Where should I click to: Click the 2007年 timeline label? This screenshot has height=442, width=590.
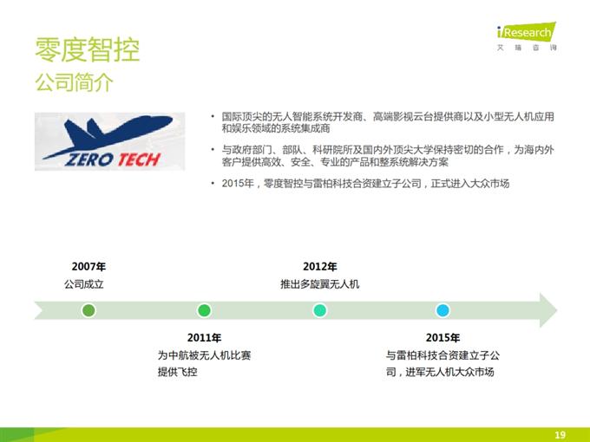tap(88, 267)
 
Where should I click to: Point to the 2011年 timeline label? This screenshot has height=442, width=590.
tap(204, 338)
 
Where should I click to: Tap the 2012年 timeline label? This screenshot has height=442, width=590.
tap(319, 267)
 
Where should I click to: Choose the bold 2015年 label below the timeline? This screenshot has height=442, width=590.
tap(442, 338)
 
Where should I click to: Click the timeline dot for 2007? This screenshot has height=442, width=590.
tap(88, 309)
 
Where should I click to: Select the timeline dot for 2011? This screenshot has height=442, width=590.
tap(204, 309)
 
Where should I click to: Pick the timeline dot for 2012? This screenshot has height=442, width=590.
tap(319, 309)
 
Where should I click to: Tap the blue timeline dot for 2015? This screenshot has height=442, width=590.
tap(442, 309)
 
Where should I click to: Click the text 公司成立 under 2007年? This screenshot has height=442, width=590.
tap(84, 284)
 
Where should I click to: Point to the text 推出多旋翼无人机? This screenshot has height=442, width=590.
tap(319, 284)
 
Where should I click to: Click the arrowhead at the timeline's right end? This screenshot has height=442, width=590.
tap(546, 309)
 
